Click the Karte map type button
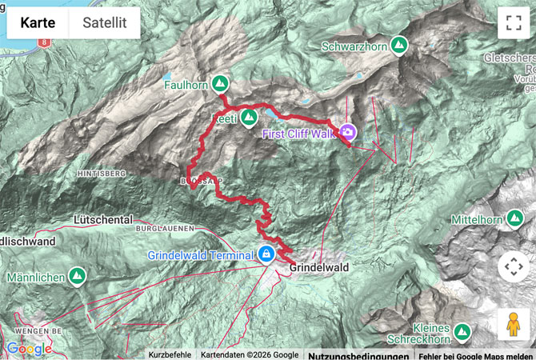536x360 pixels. tap(38, 23)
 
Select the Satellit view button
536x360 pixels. tap(105, 23)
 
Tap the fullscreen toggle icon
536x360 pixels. tap(513, 23)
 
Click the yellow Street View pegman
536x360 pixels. tap(513, 324)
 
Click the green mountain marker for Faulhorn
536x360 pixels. tap(220, 83)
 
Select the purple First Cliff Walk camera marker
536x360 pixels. tap(348, 132)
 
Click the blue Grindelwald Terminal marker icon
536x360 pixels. tap(266, 255)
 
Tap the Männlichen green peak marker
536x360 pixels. tap(77, 277)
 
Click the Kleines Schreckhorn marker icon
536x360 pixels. tap(462, 331)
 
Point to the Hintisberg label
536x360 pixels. tap(102, 173)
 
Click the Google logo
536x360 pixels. tap(29, 349)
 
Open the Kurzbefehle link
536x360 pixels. tap(170, 354)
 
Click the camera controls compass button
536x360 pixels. tap(513, 266)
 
